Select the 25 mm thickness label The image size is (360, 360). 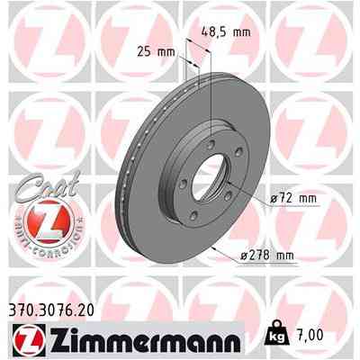[x=155, y=52]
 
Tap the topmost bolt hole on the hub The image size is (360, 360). [x=211, y=132]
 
